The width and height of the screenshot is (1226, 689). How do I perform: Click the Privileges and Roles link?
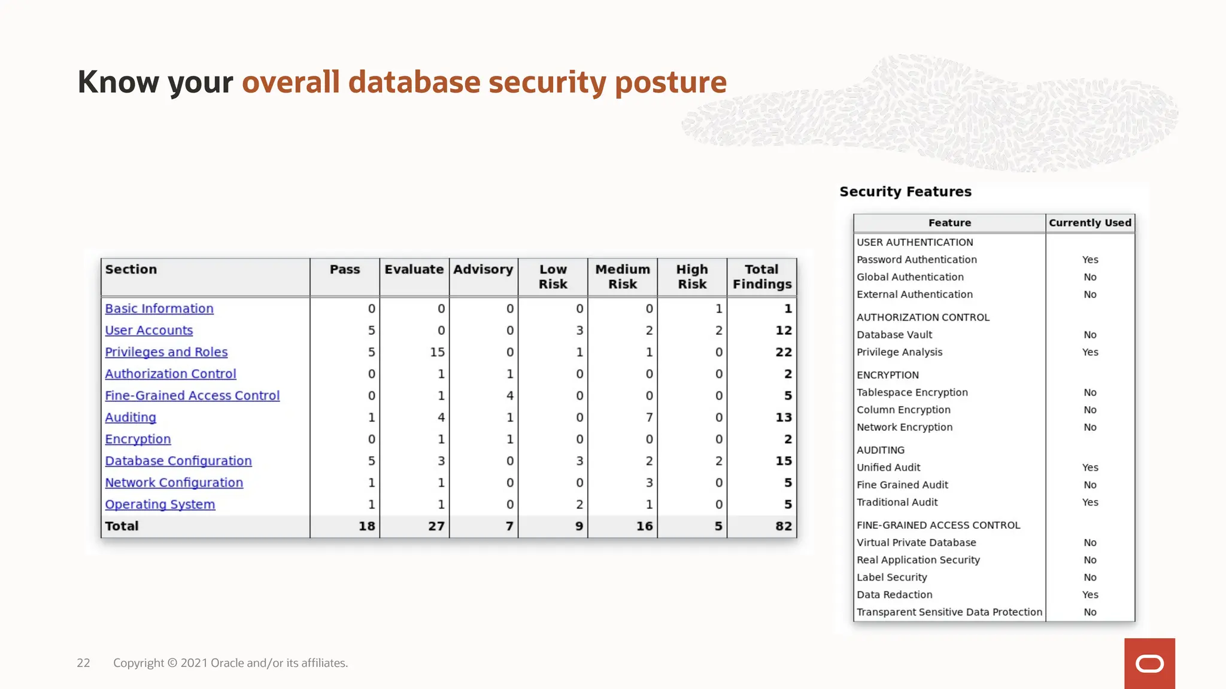point(166,352)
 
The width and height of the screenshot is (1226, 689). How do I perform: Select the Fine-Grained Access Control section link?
point(192,396)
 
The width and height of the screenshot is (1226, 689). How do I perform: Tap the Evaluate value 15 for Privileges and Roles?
point(437,352)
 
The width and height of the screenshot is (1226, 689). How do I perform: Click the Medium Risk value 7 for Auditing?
point(649,417)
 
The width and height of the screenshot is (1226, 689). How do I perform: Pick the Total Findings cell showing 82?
point(783,526)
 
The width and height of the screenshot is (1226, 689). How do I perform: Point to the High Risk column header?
point(692,276)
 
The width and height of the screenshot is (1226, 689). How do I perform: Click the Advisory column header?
point(483,270)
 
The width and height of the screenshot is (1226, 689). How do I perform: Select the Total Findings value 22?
point(783,352)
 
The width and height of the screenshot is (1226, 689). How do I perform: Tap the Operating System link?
point(160,505)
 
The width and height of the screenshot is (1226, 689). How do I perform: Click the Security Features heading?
point(905,192)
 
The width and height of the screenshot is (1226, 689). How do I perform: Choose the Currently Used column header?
point(1090,223)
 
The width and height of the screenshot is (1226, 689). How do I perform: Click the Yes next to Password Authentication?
point(1090,260)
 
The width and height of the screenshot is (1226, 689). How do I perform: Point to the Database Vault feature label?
point(894,335)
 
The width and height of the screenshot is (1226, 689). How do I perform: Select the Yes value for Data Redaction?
point(1090,595)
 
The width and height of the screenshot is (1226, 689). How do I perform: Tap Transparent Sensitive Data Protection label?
point(949,612)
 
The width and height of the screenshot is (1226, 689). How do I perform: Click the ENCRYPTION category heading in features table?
point(887,375)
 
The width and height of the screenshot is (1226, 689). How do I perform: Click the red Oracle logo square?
point(1149,663)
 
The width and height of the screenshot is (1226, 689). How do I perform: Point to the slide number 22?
point(83,663)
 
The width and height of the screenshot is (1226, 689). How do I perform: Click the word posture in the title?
point(670,83)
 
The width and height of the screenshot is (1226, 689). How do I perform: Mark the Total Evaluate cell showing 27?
point(436,526)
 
